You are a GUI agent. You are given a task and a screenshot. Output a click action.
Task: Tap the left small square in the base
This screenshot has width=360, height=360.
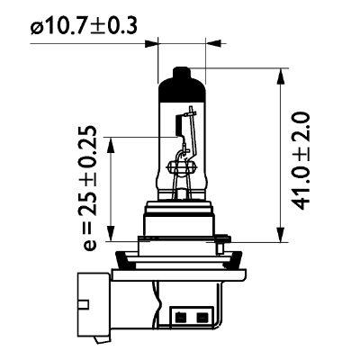pos(184,317)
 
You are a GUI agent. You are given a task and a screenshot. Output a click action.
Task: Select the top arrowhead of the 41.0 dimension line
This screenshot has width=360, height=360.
pos(280,73)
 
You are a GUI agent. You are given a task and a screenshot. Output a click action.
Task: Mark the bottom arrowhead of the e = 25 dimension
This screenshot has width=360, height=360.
pos(112,229)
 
